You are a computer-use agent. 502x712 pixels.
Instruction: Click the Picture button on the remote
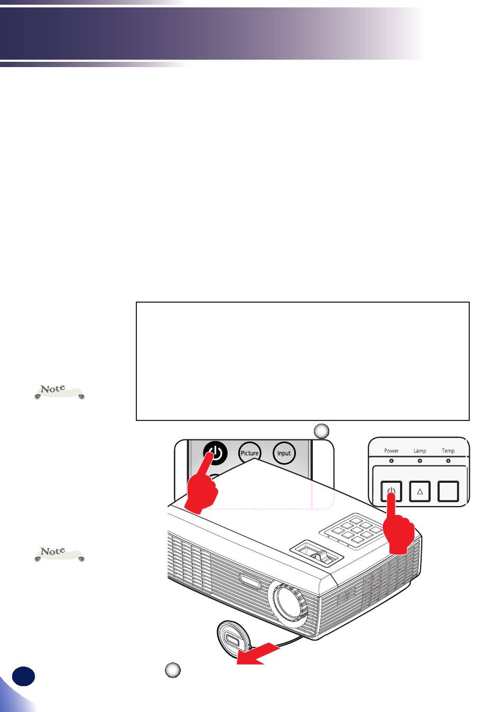coord(249,453)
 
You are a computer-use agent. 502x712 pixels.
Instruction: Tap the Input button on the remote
coord(284,453)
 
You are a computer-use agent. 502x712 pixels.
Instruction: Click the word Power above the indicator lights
coord(391,451)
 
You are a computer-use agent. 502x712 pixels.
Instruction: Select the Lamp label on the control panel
coord(420,451)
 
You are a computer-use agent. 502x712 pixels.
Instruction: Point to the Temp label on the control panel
coord(448,451)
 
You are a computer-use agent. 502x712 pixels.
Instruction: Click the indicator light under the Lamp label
coord(420,461)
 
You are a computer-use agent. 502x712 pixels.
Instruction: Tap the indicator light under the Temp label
coord(448,461)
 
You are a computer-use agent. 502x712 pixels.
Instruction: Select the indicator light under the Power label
coord(391,461)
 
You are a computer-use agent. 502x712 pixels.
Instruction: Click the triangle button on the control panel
coord(420,492)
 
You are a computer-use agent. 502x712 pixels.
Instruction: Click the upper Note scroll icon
coord(59,391)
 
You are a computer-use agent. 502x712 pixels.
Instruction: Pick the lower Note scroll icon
coord(59,554)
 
